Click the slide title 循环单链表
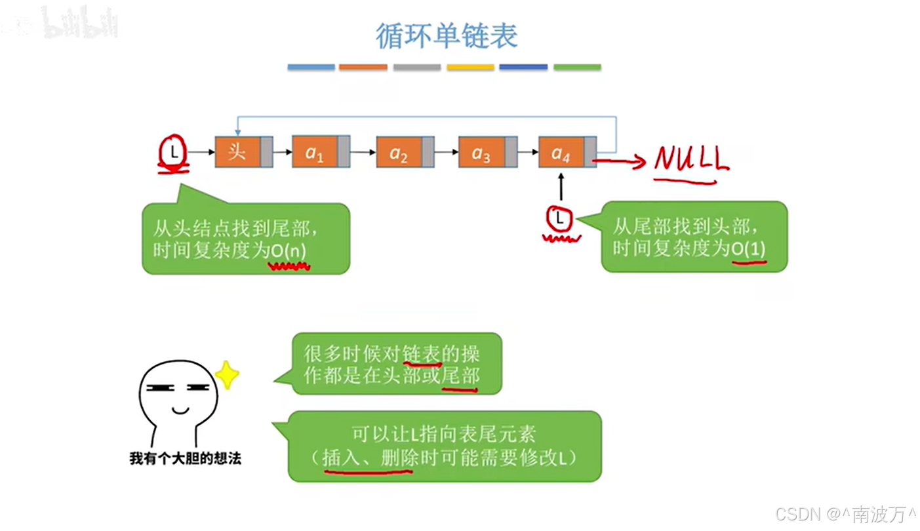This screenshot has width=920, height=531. (447, 36)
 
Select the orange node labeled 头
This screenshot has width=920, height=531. (237, 152)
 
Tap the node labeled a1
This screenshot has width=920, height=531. (315, 152)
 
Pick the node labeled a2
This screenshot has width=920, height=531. (399, 153)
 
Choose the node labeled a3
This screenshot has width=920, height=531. (481, 153)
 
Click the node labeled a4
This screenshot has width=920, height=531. (561, 153)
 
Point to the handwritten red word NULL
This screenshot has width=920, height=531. (691, 159)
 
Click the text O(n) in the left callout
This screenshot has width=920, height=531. (289, 250)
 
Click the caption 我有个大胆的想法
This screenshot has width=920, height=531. (185, 458)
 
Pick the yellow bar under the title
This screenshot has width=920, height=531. (470, 67)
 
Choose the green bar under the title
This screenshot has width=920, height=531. (577, 67)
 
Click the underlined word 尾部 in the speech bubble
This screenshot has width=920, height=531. (460, 376)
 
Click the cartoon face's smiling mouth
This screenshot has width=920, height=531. (180, 411)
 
